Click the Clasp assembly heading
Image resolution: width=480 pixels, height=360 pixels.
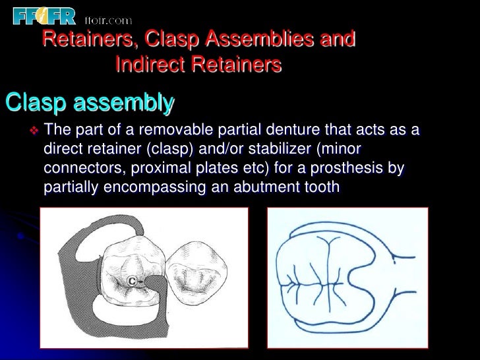(90, 104)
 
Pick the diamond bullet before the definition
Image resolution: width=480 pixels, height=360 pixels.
(35, 129)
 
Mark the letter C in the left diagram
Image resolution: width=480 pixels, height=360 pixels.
(132, 280)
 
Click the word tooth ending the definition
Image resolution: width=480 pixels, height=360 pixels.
(321, 188)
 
